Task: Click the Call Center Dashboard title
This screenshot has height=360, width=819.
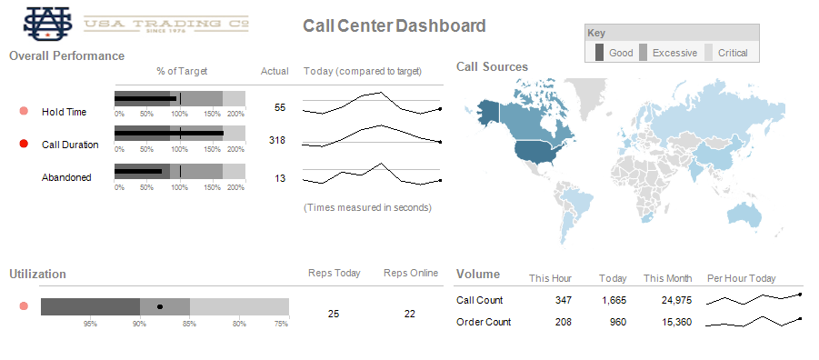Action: (394, 26)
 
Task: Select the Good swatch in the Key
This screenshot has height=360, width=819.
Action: (599, 53)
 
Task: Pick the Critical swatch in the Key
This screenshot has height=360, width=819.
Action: (710, 53)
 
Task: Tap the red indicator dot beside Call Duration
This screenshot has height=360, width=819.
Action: (24, 144)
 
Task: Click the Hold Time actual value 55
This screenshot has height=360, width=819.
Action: (280, 107)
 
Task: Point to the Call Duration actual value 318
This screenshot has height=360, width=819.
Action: (277, 140)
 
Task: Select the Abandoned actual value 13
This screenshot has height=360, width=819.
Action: (280, 178)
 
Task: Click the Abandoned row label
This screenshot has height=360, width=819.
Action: (66, 177)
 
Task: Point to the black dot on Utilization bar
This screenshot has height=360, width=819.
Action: (160, 307)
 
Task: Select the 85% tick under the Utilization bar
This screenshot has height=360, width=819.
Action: (189, 323)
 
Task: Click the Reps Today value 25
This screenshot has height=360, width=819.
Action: (334, 314)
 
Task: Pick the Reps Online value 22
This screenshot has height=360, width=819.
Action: (410, 314)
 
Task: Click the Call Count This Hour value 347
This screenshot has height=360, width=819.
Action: (563, 300)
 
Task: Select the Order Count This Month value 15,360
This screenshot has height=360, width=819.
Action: (676, 322)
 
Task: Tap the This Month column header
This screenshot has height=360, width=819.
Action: (667, 278)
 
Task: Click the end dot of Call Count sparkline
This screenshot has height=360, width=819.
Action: (800, 295)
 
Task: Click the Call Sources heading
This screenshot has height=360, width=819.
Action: (492, 66)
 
